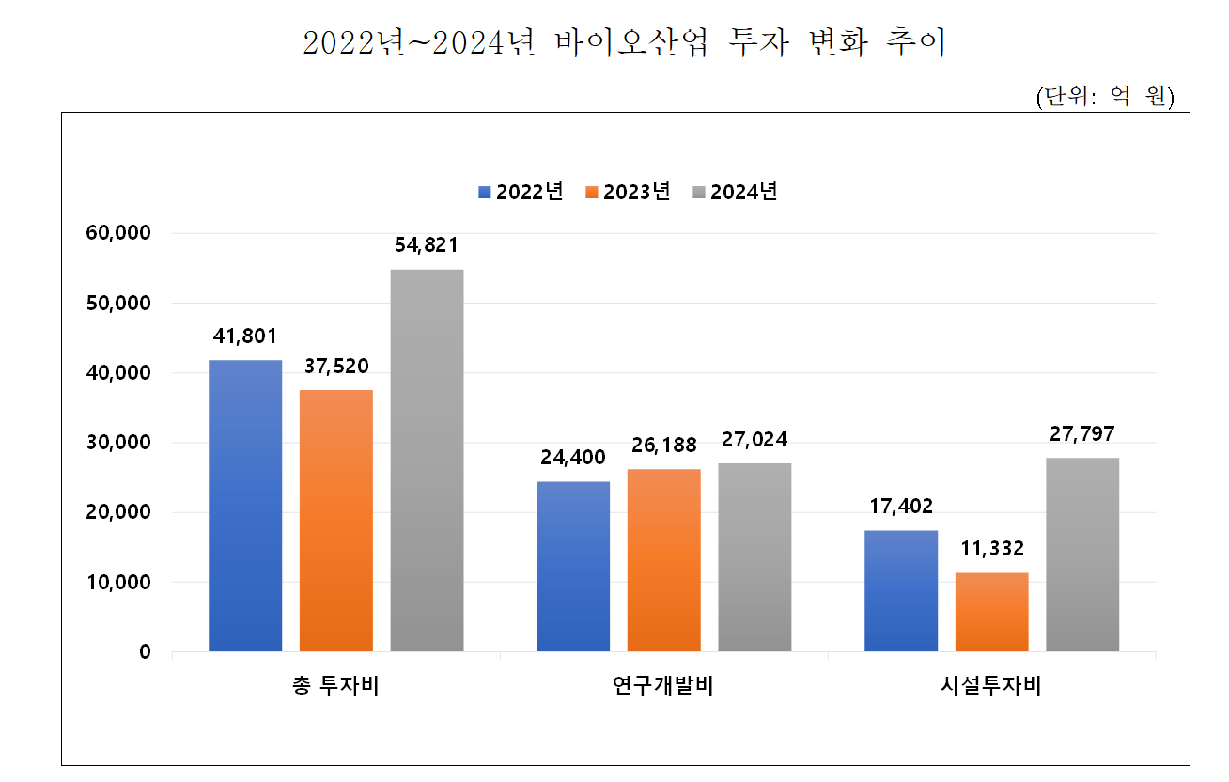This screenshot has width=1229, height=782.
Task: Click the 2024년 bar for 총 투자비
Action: [427, 461]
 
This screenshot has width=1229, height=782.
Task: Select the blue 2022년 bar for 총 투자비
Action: [245, 506]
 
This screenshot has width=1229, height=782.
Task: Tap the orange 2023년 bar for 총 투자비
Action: [336, 521]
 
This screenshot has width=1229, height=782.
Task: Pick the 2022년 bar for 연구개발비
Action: [572, 566]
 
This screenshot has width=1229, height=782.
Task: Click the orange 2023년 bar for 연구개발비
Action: [663, 560]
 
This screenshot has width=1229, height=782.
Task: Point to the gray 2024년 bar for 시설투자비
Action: [1082, 555]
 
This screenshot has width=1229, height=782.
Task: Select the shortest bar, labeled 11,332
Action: [991, 612]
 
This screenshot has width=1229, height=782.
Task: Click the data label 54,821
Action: [427, 246]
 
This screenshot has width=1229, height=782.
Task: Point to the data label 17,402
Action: [900, 507]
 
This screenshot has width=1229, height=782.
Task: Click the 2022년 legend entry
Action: [521, 192]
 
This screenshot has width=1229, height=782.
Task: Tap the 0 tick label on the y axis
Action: [145, 652]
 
